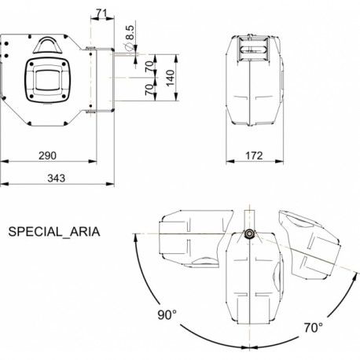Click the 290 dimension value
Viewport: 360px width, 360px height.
47,156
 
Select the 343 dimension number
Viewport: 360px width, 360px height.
57,178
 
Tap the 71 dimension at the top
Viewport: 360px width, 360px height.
101,13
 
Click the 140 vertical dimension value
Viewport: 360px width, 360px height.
171,78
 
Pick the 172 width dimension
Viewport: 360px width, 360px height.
254,156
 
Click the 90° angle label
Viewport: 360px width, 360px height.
167,314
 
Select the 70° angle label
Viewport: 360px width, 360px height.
314,328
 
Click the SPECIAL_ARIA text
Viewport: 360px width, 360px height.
54,232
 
